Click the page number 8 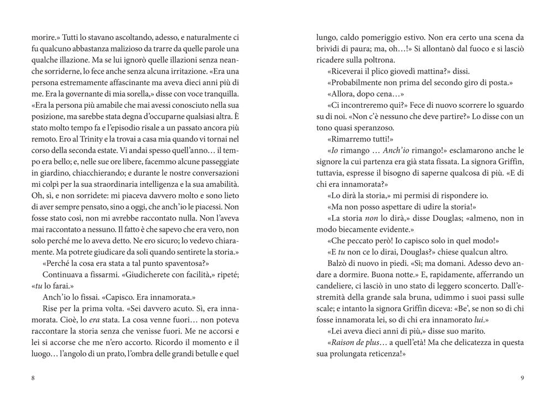[x=34, y=378]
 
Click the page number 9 [x=521, y=378]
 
